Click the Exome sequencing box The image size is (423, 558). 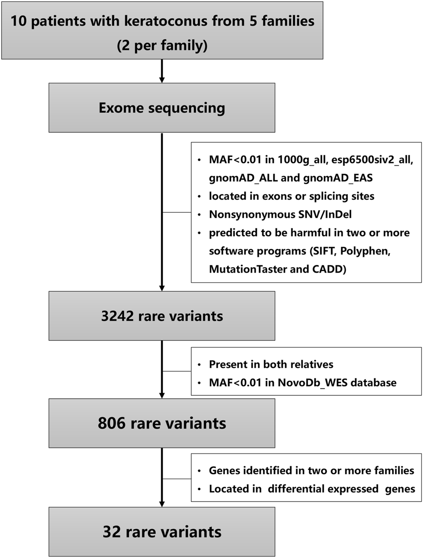point(162,108)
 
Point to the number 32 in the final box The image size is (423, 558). point(111,532)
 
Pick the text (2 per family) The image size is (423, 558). point(162,46)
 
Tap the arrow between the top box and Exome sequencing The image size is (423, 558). point(162,71)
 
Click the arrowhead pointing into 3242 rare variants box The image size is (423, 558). point(162,287)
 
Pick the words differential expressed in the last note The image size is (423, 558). point(321,489)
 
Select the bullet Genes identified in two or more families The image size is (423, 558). point(311,471)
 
